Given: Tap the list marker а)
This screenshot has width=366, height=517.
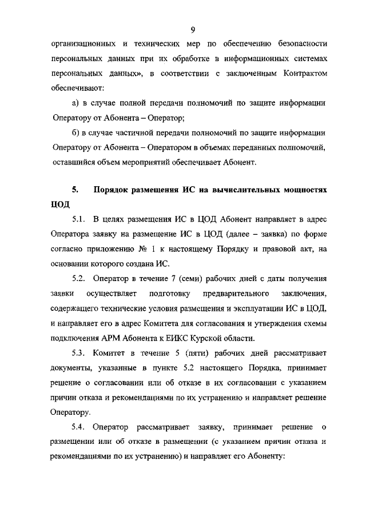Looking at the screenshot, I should (75, 103).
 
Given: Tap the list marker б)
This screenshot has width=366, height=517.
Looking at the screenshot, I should (75, 133).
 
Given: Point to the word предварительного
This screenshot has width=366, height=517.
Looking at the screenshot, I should (236, 293).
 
